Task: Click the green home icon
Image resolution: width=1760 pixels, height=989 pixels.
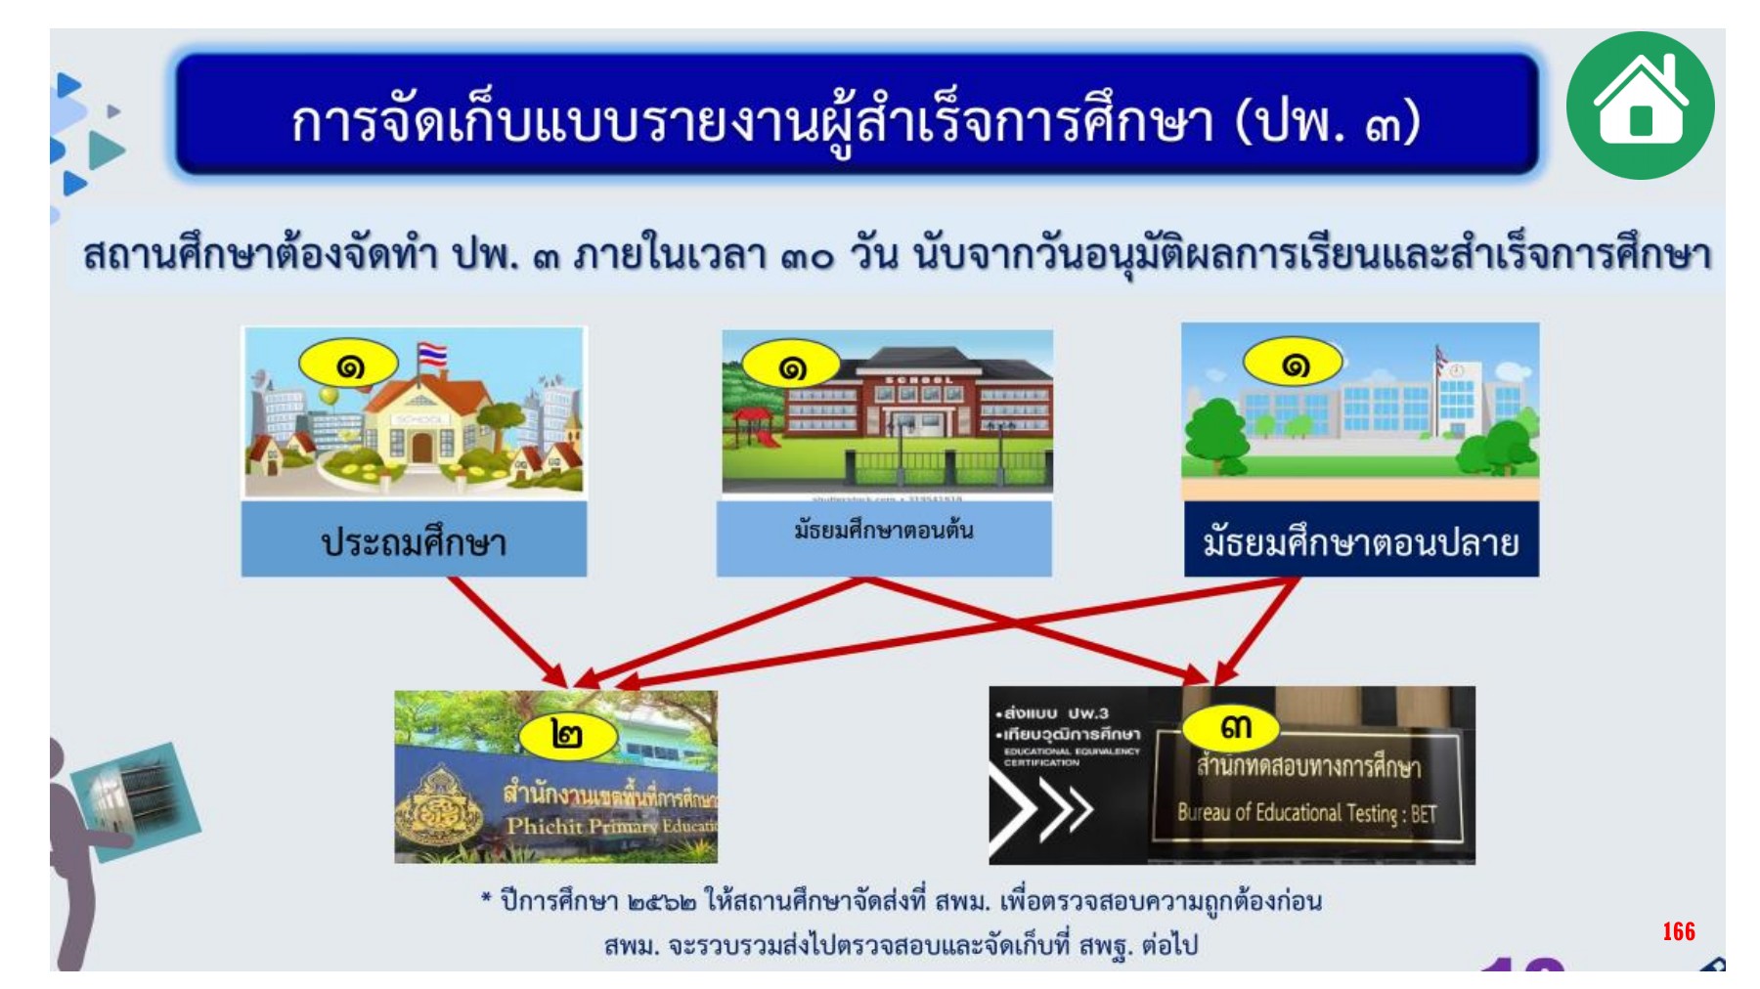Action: pyautogui.click(x=1640, y=105)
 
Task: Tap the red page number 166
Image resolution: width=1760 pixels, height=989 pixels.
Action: pyautogui.click(x=1678, y=930)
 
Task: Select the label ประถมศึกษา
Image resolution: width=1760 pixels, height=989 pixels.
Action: pyautogui.click(x=414, y=541)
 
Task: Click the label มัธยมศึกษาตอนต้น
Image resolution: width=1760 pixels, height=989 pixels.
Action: pyautogui.click(x=883, y=531)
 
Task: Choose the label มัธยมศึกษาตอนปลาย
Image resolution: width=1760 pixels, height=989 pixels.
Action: pyautogui.click(x=1360, y=541)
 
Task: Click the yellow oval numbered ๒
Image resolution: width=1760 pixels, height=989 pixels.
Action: pyautogui.click(x=566, y=733)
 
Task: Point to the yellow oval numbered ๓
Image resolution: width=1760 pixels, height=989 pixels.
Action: pyautogui.click(x=1234, y=727)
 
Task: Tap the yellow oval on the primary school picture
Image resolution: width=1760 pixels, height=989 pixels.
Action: pyautogui.click(x=349, y=365)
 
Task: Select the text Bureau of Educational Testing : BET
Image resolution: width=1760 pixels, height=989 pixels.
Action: pyautogui.click(x=1306, y=813)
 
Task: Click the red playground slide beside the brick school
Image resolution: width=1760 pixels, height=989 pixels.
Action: pyautogui.click(x=755, y=427)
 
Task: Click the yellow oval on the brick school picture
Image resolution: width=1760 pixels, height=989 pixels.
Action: pyautogui.click(x=791, y=366)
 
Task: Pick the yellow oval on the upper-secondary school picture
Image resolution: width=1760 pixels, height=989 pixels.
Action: pyautogui.click(x=1294, y=365)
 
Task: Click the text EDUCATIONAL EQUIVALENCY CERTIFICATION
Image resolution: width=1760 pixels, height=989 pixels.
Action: pyautogui.click(x=1071, y=756)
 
